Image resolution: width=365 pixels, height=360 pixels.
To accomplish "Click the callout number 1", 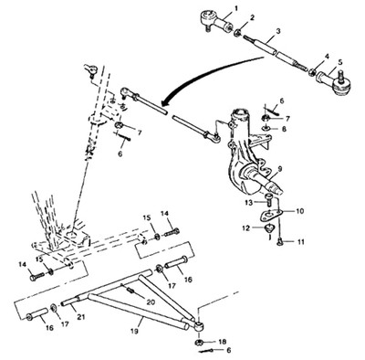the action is point(235,6).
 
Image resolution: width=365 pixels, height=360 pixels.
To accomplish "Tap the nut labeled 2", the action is point(237,32).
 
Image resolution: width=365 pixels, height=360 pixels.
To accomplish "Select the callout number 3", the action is point(278,31).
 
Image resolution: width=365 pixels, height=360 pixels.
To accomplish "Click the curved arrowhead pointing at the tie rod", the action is point(164,102).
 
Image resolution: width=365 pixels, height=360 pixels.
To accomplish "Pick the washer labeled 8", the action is point(266,128).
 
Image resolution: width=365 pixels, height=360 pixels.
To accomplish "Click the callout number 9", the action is point(280,167).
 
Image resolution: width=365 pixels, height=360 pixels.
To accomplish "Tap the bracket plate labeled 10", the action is point(271,216).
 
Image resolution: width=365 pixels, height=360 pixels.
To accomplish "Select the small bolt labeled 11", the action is point(279,242).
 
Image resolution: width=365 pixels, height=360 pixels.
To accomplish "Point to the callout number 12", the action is point(246,228).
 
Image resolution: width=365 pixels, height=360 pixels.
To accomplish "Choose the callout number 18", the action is point(223,342).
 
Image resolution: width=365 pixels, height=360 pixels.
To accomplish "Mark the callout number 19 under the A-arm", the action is point(135,331).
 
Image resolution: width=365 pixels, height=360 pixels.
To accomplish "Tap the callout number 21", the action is point(80,317).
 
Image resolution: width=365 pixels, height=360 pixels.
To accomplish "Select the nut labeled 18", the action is point(199,343).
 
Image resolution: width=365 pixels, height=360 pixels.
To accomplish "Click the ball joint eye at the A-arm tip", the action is point(198,327).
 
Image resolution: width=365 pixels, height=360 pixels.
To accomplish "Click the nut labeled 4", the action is point(312,72).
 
